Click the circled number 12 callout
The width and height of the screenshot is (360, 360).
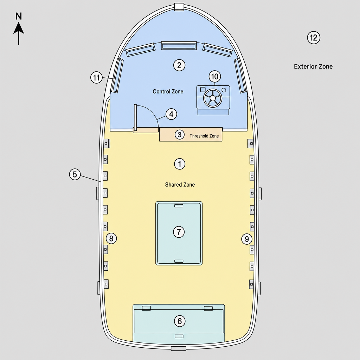314,37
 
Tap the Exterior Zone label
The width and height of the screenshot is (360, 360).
313,66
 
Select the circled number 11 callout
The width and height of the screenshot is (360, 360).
96,77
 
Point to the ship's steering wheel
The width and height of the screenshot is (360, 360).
213,98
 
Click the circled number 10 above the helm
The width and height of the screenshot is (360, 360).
215,76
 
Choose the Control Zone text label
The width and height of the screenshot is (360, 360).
168,91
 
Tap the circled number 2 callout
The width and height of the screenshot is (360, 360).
179,65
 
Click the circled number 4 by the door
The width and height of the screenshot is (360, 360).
171,114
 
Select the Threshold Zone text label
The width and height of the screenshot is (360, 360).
204,136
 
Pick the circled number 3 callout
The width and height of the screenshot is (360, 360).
180,135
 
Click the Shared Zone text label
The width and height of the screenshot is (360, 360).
180,185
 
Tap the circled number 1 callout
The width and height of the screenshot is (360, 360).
180,164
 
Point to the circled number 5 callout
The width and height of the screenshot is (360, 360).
75,174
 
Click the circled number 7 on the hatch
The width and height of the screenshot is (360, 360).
179,232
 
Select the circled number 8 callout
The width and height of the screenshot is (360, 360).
111,239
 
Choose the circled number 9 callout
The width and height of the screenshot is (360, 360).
247,239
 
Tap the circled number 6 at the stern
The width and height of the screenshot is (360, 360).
180,321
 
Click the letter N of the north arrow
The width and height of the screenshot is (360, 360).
19,16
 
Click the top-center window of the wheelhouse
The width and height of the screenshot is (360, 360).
179,45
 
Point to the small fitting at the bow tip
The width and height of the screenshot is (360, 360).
179,7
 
